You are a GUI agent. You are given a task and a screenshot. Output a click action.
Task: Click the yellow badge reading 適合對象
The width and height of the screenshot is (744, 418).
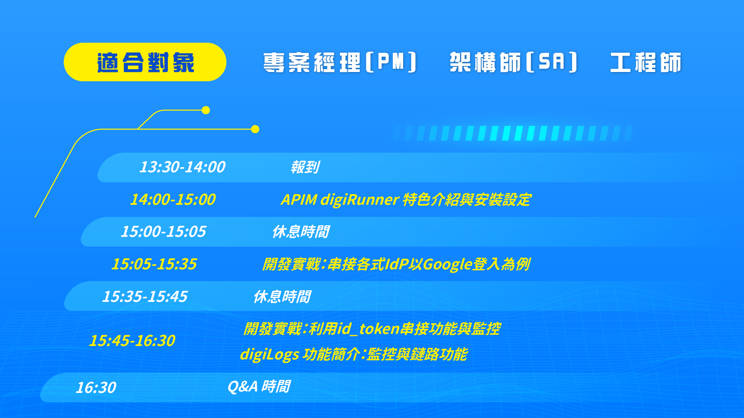[145, 62]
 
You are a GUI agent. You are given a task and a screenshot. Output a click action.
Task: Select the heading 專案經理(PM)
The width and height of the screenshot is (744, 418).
[340, 62]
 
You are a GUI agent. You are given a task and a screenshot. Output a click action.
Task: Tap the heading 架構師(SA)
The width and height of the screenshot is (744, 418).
[514, 62]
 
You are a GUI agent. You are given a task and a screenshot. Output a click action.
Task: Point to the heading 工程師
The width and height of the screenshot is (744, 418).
[646, 62]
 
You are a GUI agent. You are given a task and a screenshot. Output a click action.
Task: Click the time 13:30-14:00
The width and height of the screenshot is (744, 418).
[182, 167]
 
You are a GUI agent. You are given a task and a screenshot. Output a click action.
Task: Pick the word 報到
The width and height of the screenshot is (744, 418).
[305, 167]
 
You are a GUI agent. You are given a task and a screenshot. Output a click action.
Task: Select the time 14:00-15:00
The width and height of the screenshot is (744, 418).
[173, 199]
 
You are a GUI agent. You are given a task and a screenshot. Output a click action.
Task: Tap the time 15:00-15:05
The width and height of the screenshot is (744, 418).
[163, 232]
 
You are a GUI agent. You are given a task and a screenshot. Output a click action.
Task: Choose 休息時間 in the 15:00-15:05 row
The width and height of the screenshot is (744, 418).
[300, 232]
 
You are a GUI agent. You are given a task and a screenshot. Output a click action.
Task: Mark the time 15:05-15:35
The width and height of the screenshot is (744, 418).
[154, 264]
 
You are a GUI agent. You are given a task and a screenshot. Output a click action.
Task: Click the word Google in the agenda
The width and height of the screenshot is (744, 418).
[447, 265]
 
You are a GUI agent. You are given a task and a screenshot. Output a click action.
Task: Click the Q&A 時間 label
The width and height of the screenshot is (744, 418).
[259, 386]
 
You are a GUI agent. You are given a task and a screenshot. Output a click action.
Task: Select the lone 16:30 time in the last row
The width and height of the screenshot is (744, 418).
[96, 387]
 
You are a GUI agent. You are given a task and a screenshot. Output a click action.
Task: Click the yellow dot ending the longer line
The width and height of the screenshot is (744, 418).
[255, 129]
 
